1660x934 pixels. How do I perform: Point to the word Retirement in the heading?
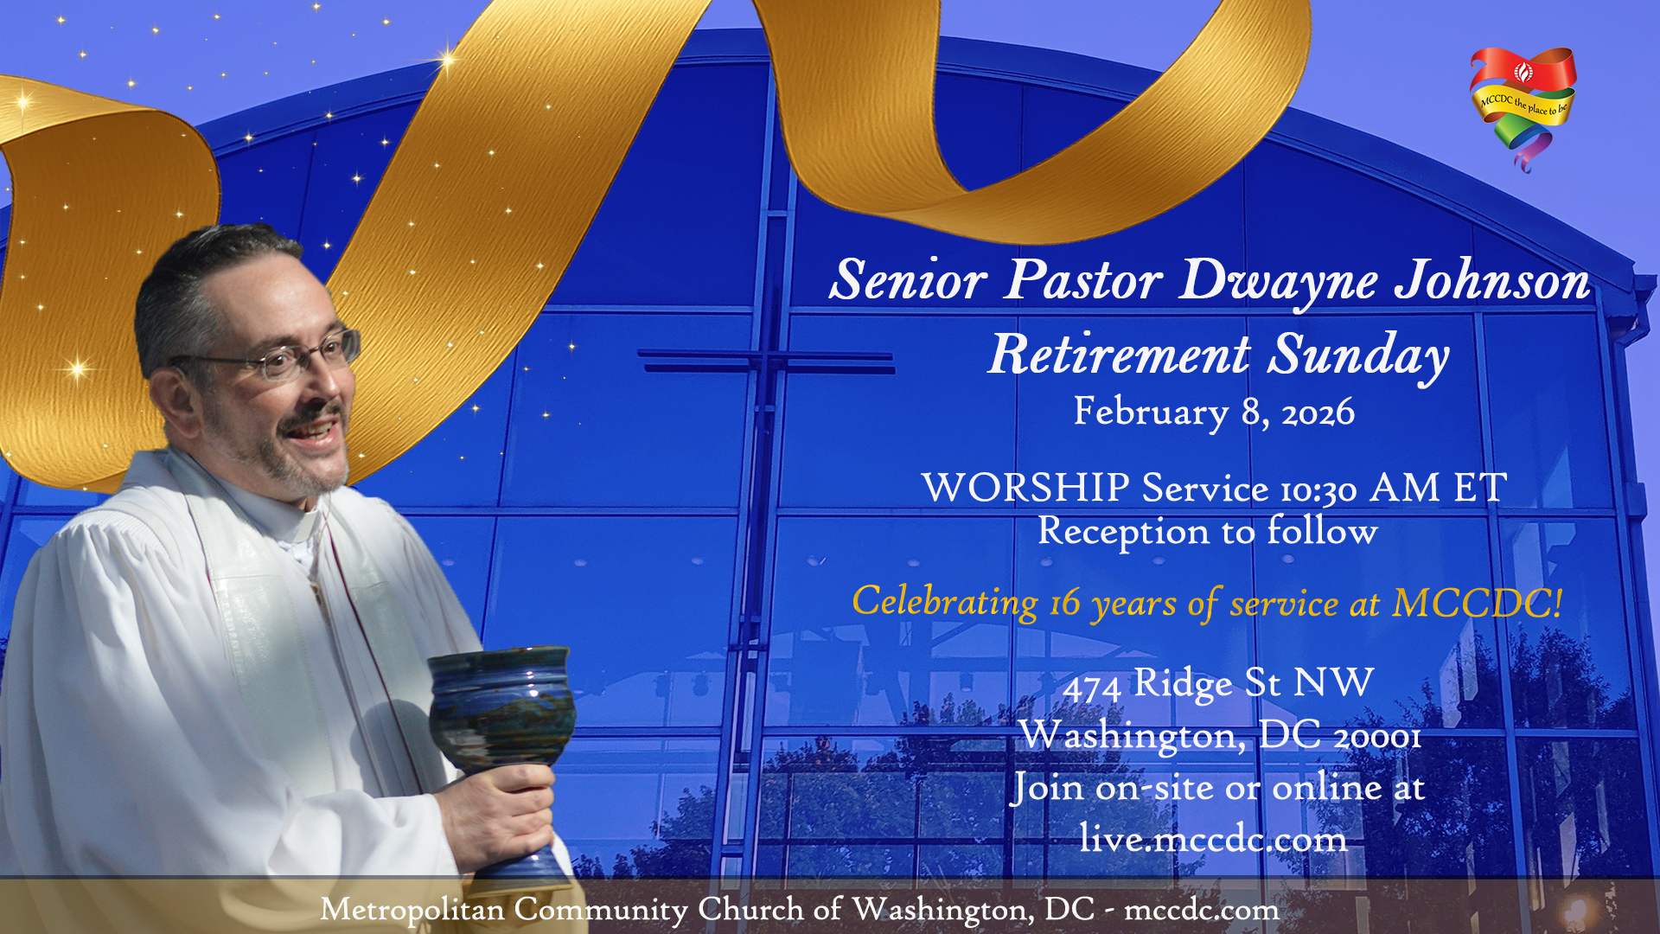coord(1120,355)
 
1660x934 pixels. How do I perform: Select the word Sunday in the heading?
coord(1358,356)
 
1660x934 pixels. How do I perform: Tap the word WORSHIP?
coord(1025,488)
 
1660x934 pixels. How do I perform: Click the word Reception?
coord(1123,532)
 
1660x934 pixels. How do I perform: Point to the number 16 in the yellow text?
coord(1065,604)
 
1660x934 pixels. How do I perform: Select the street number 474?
coord(1092,688)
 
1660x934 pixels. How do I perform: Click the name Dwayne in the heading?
coord(1280,281)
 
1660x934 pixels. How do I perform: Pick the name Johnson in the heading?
coord(1493,280)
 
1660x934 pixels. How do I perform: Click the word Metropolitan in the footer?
coord(412,910)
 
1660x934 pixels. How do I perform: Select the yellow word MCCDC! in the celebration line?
coord(1478,603)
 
